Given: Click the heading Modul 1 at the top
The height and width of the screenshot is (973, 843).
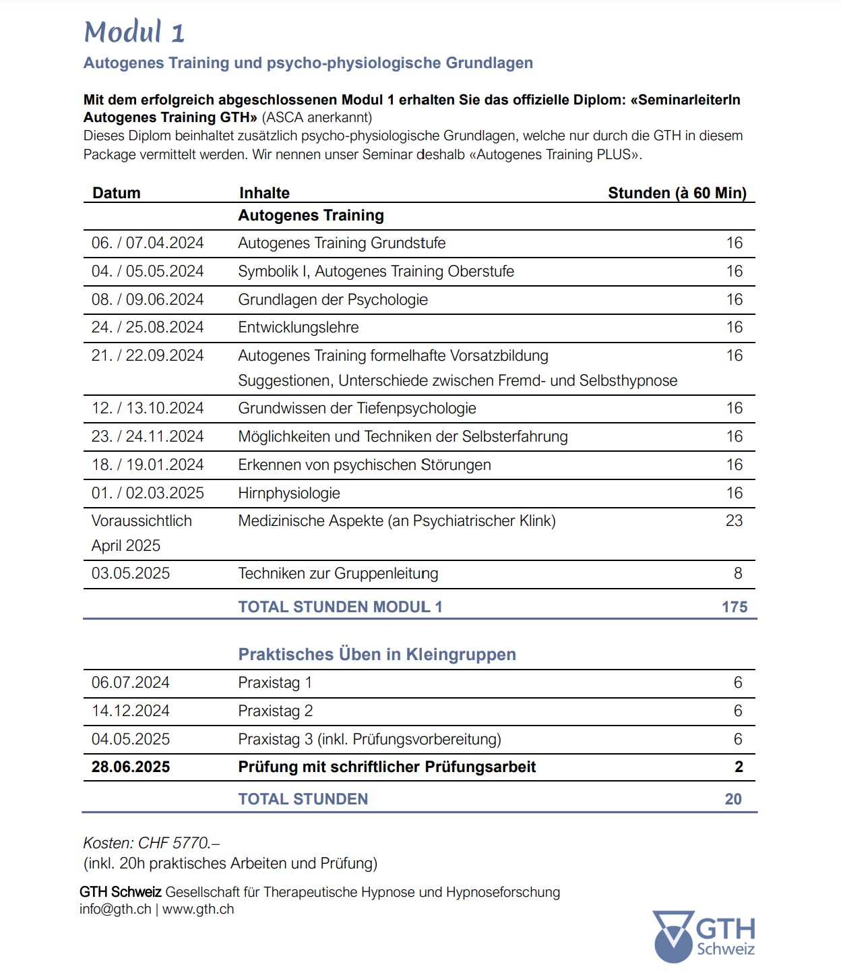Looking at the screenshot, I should point(134,32).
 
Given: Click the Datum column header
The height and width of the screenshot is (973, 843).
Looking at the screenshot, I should point(117,193).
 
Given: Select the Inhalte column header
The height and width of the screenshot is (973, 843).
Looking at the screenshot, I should point(264,193).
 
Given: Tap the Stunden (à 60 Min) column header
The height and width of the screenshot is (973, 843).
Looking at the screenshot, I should point(677,193).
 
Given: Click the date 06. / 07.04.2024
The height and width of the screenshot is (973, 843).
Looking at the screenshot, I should point(148,243).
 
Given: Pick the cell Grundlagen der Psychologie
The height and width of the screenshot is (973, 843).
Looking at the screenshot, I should point(333,299).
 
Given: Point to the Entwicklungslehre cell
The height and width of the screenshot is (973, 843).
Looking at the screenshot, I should point(299,327).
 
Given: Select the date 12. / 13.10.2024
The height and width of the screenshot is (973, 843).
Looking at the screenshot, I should point(148,408).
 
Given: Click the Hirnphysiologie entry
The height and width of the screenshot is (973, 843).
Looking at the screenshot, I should point(289,493).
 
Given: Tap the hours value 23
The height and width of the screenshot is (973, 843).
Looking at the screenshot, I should point(734,521).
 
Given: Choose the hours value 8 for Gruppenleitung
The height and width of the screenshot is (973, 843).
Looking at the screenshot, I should point(738,573).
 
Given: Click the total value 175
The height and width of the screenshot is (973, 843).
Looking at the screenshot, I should point(735,607).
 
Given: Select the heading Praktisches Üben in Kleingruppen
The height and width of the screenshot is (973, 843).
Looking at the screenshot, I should point(377,654).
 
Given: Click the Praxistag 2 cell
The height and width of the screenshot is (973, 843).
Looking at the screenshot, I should point(276,711).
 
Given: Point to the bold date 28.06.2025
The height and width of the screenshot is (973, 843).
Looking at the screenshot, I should point(131,767).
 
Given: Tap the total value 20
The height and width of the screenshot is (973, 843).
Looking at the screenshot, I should point(733,799).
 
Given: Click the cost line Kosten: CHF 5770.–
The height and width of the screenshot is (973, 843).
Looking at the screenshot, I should point(152,843).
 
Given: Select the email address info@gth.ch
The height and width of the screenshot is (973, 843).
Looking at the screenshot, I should point(115,909).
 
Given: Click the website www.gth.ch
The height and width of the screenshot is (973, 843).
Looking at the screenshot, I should point(198,909).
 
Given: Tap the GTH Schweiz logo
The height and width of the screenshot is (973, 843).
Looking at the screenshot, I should point(704,936).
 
